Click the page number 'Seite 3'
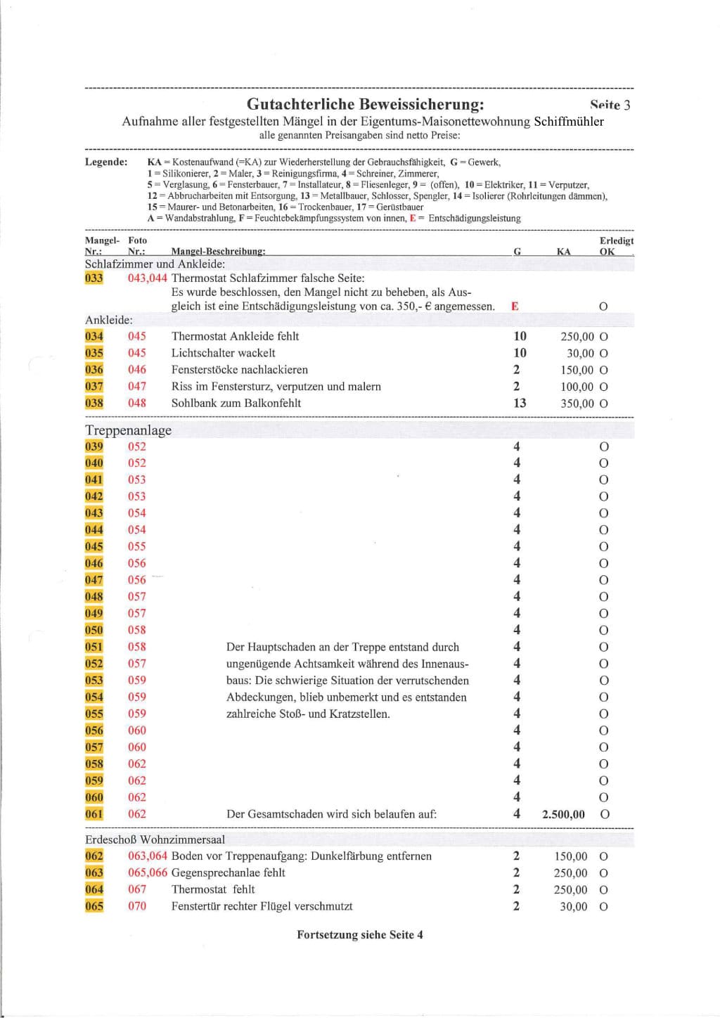[x=610, y=105]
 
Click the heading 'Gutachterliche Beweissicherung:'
[x=365, y=104]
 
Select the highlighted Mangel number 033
[x=94, y=278]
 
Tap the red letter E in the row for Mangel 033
[x=515, y=306]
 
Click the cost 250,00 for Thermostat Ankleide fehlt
[x=577, y=336]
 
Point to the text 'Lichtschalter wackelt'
[x=223, y=353]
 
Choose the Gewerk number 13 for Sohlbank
[x=520, y=403]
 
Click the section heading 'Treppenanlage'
[x=128, y=430]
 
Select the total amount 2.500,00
[x=563, y=814]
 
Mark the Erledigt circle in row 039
[x=603, y=446]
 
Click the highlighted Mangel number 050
[x=94, y=630]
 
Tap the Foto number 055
[x=137, y=546]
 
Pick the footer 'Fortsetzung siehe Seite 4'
[x=359, y=934]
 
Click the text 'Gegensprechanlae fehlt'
[x=228, y=872]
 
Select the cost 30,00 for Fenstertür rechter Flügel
[x=573, y=906]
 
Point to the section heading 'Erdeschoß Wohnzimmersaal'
[x=155, y=839]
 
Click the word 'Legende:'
[x=106, y=162]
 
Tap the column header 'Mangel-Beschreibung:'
[x=218, y=251]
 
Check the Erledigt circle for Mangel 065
[x=603, y=906]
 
